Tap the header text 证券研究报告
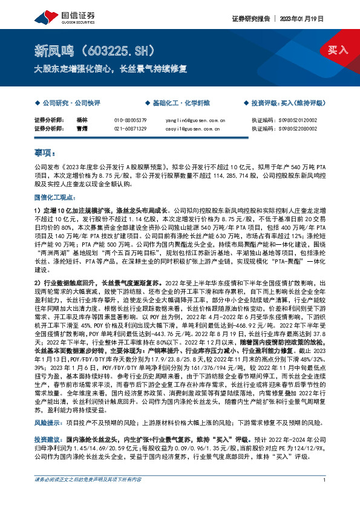pyautogui.click(x=248, y=19)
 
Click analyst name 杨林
pyautogui.click(x=82, y=120)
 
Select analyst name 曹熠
pyautogui.click(x=82, y=128)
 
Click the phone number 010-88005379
pyautogui.click(x=131, y=120)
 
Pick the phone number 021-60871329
pyautogui.click(x=131, y=128)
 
